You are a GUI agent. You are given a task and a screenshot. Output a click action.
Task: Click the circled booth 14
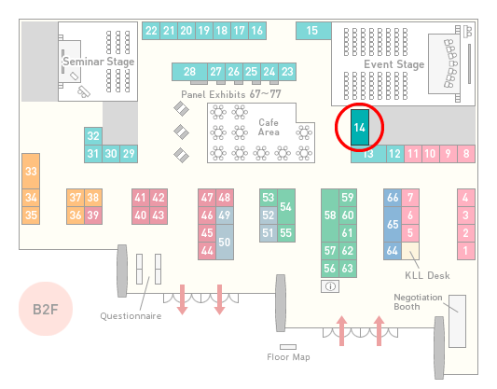(360, 128)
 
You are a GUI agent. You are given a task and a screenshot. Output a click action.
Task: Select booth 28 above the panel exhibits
(189, 72)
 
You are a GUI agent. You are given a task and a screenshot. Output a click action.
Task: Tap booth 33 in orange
(31, 172)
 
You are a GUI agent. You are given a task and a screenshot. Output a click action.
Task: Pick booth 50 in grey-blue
(225, 242)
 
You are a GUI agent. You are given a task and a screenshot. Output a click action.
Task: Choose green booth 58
(330, 215)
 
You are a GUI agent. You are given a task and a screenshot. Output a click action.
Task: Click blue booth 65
(393, 224)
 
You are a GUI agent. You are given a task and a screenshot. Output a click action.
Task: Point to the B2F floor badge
(46, 309)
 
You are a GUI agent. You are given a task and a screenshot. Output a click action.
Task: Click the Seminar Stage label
(99, 62)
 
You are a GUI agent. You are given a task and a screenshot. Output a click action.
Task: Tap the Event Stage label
(394, 64)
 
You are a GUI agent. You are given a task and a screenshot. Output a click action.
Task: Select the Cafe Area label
(269, 127)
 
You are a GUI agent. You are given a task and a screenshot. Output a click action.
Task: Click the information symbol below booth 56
(330, 286)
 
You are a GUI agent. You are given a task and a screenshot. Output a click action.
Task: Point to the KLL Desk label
(427, 275)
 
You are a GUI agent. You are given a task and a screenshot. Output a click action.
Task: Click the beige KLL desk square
(410, 251)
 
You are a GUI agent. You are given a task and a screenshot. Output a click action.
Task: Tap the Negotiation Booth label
(418, 302)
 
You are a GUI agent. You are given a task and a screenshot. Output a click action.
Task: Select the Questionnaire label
(131, 316)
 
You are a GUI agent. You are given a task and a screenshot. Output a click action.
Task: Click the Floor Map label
(288, 357)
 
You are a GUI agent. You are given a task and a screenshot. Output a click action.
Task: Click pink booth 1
(466, 251)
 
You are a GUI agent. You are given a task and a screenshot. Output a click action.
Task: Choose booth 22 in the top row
(151, 31)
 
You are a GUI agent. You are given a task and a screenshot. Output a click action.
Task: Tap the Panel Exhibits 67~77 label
(231, 94)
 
